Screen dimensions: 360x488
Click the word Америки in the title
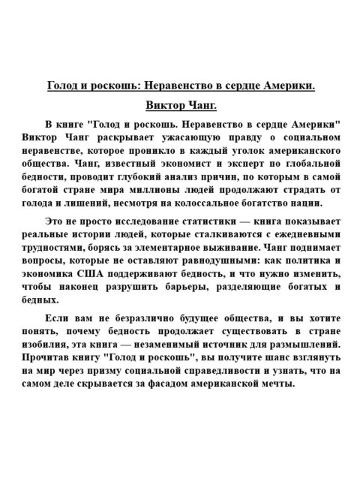coord(286,86)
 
